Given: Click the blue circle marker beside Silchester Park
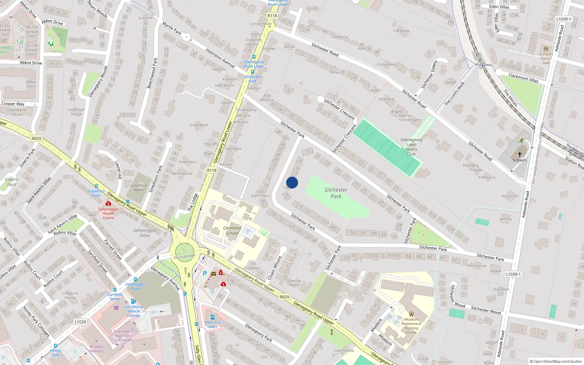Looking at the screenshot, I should (292, 182).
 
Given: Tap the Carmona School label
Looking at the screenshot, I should (232, 230).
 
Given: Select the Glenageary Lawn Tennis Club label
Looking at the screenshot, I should (411, 147).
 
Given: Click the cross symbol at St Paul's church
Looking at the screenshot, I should (519, 154).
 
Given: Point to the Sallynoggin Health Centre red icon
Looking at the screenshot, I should (108, 203).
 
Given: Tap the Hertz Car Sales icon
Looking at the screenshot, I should (212, 317).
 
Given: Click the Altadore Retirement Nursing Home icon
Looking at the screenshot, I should (411, 314).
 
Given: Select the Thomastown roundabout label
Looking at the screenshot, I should (184, 256).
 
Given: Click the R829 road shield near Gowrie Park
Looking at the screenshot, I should (36, 138).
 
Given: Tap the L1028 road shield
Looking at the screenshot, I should (80, 322).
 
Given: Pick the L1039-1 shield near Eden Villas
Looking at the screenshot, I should (564, 19).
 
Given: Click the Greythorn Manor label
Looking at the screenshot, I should (139, 188).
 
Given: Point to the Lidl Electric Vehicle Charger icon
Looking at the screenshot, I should (133, 301).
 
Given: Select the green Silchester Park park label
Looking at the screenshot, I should (336, 193).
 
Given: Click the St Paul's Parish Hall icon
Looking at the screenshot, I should (546, 49).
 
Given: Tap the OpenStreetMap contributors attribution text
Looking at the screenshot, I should (556, 361).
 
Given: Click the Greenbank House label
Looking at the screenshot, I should (16, 112).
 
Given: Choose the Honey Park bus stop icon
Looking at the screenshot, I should (55, 345).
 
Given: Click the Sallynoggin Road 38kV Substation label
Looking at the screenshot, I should (123, 336).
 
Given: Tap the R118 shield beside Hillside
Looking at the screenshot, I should (212, 170).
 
